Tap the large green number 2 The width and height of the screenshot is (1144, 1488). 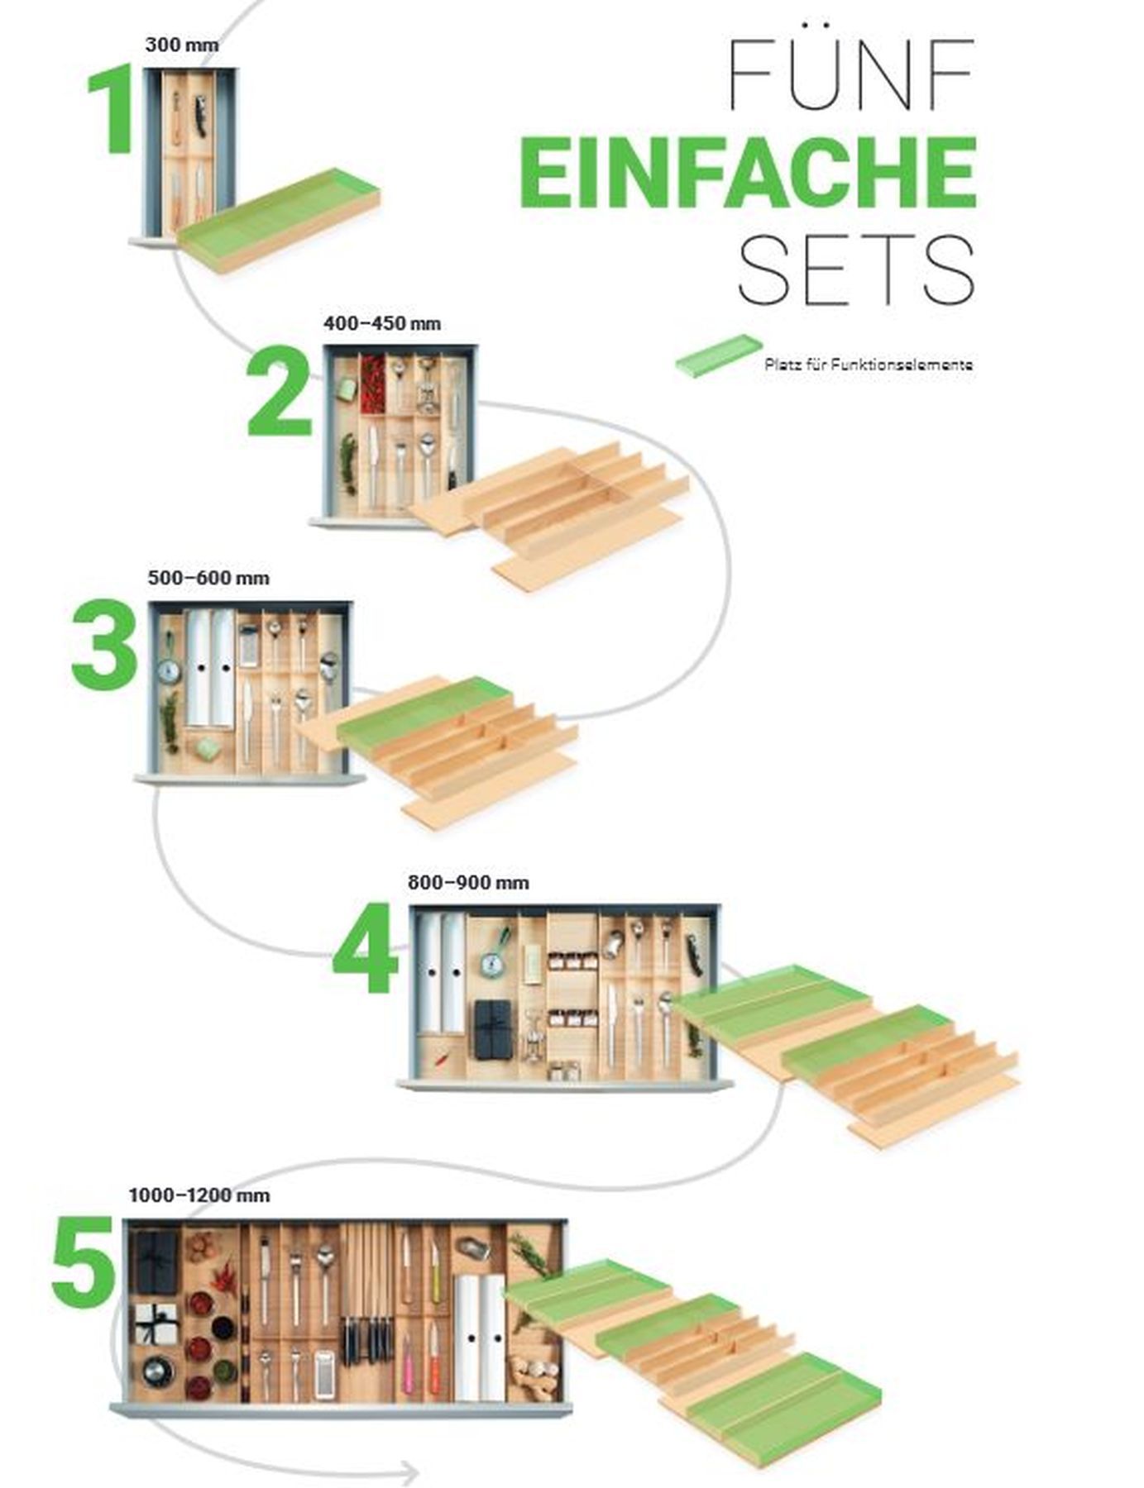(280, 393)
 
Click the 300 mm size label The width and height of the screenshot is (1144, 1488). (182, 45)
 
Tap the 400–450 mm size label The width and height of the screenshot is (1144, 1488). (382, 323)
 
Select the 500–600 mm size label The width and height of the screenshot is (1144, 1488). (208, 578)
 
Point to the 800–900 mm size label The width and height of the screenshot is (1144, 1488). (468, 883)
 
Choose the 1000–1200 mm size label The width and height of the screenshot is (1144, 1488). (199, 1195)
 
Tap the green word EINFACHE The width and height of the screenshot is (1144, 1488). (749, 172)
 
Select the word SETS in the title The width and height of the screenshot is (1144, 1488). (856, 269)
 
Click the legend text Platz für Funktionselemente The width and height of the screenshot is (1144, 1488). (869, 365)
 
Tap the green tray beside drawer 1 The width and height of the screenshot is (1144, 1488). (281, 217)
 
